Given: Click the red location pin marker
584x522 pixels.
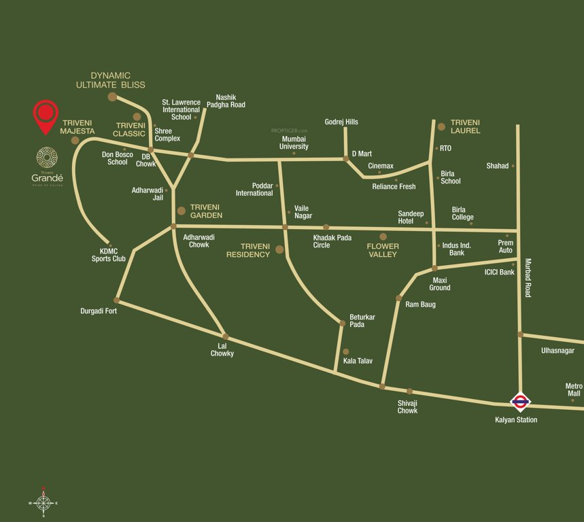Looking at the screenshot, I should [46, 116].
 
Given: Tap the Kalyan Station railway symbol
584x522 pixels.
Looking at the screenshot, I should [520, 402].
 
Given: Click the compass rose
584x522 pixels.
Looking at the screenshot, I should [43, 503].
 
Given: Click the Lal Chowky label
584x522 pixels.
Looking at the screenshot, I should [222, 349].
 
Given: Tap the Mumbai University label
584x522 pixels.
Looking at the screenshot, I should [294, 143].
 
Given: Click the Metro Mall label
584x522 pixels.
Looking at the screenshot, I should [573, 389].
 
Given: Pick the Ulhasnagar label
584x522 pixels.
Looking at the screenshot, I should [557, 351].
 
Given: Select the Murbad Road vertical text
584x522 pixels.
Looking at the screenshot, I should [528, 277].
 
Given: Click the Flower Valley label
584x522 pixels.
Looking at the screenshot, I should [383, 249].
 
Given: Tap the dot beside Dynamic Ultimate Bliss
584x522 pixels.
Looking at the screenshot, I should [112, 97].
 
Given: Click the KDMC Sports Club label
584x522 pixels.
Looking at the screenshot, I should [109, 255].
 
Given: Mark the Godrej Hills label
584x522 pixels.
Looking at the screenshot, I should [341, 122].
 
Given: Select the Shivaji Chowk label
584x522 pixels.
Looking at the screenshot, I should [407, 406].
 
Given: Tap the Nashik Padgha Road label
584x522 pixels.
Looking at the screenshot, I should [226, 101].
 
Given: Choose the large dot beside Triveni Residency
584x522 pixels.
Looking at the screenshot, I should [279, 250].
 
